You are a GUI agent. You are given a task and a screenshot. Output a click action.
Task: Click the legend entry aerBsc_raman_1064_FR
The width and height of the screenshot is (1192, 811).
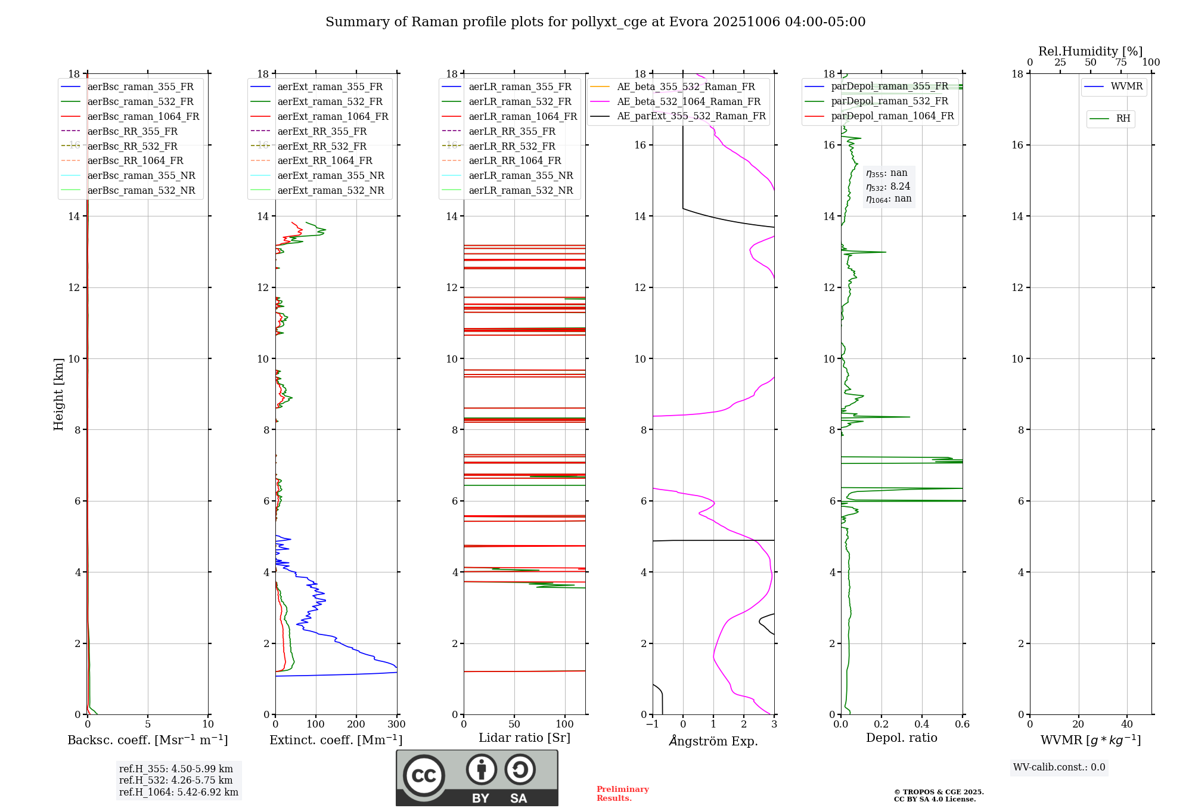143,116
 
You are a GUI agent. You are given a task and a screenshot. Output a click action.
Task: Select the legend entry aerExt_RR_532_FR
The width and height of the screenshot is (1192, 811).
322,146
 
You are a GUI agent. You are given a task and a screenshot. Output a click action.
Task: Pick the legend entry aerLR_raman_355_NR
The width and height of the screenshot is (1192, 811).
520,175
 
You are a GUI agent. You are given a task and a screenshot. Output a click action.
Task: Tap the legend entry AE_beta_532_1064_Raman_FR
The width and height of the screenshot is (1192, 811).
688,101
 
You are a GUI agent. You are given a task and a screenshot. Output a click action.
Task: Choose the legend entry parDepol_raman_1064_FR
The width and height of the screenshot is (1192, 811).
892,116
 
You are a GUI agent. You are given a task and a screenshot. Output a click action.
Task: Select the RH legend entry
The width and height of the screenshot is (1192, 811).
1123,119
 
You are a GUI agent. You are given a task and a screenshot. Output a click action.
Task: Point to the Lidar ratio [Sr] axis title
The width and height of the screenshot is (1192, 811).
524,738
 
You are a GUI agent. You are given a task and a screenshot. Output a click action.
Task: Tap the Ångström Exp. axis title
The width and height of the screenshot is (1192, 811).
713,741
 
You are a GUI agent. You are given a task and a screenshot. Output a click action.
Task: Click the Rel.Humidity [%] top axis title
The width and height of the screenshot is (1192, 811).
1090,51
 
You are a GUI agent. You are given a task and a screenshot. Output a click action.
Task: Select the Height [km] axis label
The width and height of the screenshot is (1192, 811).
58,394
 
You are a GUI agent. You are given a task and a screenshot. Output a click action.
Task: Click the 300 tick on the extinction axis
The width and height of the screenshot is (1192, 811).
396,725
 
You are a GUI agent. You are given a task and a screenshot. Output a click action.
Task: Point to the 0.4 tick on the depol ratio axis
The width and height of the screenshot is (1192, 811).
921,725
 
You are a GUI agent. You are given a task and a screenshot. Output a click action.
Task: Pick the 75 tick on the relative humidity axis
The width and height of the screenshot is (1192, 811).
1120,63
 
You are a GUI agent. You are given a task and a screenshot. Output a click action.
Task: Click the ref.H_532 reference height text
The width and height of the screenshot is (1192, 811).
175,780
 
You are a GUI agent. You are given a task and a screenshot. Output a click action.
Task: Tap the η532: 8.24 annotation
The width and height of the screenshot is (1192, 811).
888,186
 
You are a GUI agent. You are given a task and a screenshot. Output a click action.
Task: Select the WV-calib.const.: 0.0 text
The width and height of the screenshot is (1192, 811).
1058,767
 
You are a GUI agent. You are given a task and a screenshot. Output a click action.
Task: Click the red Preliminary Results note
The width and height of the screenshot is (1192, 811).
622,794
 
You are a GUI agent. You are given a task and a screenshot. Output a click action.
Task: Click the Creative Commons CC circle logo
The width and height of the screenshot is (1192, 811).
424,776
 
